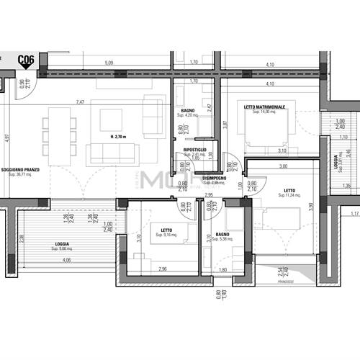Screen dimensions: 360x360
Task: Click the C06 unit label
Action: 26,60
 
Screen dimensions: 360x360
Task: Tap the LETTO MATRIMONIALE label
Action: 265,107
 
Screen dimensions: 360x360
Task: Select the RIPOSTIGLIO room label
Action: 194,150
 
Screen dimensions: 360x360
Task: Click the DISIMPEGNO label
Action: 214,178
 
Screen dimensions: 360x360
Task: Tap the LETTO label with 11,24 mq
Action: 288,189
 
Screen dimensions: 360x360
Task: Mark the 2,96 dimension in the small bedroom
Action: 164,269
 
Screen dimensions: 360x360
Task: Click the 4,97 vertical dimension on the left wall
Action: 6,138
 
